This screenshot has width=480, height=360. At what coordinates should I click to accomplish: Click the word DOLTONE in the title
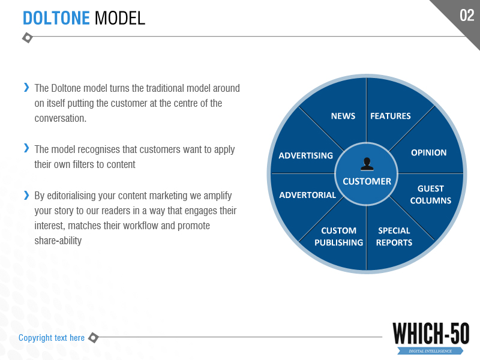pos(56,18)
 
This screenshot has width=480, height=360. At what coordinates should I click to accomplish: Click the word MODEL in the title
pos(119,18)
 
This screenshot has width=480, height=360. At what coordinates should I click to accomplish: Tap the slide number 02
pos(467,15)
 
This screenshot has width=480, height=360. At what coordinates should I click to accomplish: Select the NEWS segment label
pos(343,116)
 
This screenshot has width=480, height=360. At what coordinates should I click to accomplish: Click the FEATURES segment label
pos(391,116)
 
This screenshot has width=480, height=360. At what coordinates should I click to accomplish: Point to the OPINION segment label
pos(428,152)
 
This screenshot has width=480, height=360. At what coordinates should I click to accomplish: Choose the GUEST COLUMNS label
pos(430,194)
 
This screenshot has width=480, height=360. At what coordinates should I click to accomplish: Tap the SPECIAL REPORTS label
pos(394,236)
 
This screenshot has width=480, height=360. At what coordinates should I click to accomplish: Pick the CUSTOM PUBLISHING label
pos(338,236)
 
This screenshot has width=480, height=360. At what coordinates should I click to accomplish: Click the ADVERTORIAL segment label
pos(307,195)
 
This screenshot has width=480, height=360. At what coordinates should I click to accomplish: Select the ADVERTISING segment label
pos(305,155)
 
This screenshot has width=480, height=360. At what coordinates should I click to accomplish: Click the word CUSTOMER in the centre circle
pos(367,181)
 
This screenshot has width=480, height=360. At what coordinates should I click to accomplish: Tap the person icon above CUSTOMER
pos(367,164)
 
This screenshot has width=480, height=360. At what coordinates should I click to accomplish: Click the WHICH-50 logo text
pos(431,334)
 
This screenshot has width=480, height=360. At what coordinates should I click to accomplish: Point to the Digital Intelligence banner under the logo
pos(430,351)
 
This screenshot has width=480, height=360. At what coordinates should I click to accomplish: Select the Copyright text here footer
pos(52,338)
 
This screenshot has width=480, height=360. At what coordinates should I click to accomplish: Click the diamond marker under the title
pos(28,38)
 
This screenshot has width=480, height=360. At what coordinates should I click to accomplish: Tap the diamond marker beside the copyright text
pos(94,338)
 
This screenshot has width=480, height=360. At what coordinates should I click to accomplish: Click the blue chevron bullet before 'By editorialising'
pos(26,195)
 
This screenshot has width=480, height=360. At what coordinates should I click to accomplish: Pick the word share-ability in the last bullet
pos(58,241)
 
